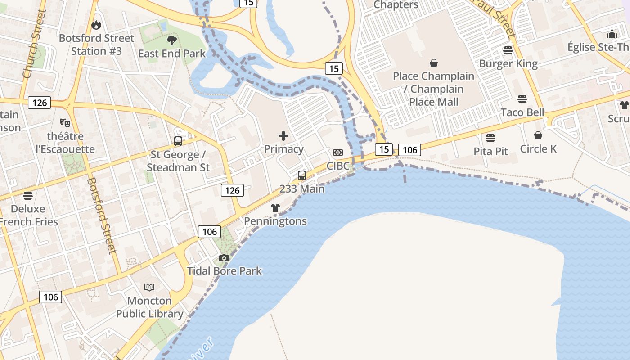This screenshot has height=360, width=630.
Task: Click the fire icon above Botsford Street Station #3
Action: click(96, 25)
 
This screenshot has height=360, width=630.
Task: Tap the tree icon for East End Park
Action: click(171, 40)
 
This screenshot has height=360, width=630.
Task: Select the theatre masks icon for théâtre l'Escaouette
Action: click(65, 122)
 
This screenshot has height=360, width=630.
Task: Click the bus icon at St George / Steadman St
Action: click(178, 141)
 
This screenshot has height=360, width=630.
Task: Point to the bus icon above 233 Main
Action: click(302, 175)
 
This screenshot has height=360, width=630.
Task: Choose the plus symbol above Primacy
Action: click(283, 135)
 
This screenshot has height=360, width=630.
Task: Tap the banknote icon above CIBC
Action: click(338, 153)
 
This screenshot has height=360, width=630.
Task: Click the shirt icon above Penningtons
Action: click(275, 208)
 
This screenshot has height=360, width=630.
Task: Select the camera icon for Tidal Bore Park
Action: click(224, 258)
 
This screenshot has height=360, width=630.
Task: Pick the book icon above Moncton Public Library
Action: click(149, 287)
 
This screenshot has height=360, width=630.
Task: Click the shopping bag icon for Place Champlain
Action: click(434, 63)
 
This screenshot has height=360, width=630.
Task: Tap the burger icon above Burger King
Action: click(508, 50)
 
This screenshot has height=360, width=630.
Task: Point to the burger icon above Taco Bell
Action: click(522, 99)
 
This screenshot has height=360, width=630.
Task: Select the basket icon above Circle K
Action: click(538, 135)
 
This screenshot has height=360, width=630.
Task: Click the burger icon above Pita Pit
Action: click(490, 138)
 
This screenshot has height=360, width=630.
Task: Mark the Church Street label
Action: click(34, 44)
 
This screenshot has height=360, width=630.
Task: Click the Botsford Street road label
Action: click(102, 216)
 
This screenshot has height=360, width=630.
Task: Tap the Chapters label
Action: click(396, 5)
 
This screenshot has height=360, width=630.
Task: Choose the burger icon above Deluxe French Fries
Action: click(28, 196)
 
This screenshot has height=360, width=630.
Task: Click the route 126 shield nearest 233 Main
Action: click(232, 190)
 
